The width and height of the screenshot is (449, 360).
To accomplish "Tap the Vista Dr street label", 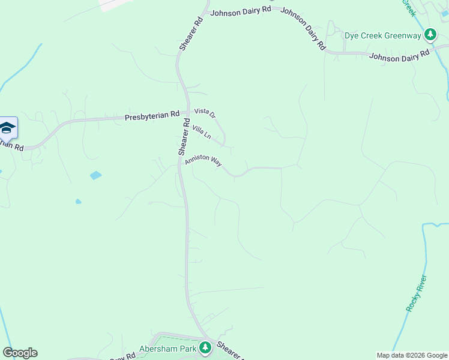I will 204,113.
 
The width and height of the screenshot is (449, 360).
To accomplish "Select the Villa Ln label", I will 201,132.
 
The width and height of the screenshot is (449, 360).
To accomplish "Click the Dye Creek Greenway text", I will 382,35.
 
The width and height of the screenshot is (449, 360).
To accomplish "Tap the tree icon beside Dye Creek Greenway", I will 430,35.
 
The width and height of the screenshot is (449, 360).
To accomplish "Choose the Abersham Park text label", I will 168,348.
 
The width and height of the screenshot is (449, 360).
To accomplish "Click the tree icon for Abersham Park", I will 205,348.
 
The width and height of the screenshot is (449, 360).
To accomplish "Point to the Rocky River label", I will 416,293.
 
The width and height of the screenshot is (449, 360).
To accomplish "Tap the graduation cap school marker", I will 7,127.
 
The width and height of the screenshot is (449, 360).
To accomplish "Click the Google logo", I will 20,353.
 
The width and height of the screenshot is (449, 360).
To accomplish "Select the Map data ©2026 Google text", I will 412,355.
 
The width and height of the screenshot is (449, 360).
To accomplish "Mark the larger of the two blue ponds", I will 95,176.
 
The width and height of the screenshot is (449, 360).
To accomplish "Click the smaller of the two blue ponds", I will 79,202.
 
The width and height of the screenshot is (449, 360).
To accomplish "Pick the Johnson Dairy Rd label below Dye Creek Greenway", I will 400,56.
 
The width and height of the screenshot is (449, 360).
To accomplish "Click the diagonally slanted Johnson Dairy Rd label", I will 303,28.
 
